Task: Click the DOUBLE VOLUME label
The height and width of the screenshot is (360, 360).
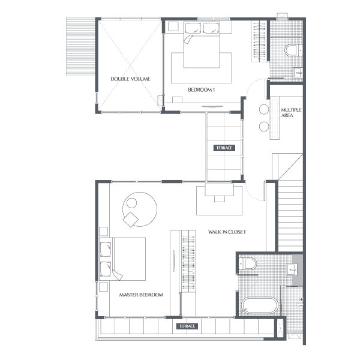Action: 130,79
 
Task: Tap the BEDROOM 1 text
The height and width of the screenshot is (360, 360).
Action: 202,90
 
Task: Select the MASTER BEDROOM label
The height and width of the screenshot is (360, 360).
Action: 141,295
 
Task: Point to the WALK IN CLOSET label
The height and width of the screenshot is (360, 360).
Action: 227,232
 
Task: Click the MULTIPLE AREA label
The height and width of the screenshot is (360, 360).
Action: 291,113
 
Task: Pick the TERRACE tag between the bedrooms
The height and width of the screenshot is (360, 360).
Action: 224,148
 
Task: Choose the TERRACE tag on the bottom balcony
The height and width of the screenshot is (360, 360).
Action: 187,326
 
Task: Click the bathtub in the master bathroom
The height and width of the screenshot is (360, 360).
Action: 260,305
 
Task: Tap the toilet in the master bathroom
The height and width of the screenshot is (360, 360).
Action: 247,264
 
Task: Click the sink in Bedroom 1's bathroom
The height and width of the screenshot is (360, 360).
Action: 298,73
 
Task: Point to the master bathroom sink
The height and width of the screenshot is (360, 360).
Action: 292,269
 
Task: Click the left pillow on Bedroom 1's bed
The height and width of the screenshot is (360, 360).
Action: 193,28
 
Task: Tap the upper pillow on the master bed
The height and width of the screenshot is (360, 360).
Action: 106,250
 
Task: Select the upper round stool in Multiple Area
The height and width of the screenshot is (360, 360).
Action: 264,109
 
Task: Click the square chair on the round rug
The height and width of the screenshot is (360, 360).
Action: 131,220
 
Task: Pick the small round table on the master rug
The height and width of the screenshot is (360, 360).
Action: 132,203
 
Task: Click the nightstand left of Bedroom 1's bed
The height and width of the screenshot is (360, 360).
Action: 173,26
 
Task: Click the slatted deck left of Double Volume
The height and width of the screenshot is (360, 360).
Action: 80,47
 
